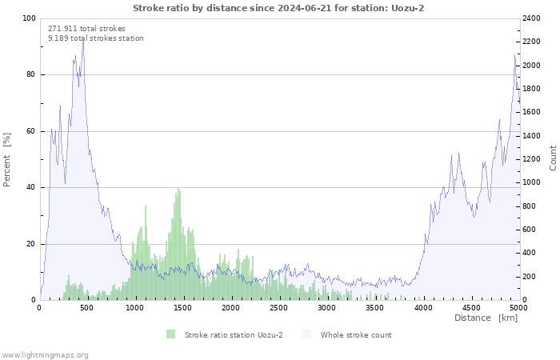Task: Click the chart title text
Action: click(x=278, y=8)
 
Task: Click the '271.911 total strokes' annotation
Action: click(x=86, y=28)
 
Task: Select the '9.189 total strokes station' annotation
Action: click(x=95, y=38)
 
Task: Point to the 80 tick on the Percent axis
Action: click(x=30, y=75)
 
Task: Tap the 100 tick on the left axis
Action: click(x=29, y=18)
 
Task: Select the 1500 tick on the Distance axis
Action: click(x=183, y=307)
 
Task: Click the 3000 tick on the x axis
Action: click(x=326, y=307)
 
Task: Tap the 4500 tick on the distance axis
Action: click(x=470, y=307)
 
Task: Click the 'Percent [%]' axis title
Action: click(x=7, y=160)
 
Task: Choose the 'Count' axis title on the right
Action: click(x=553, y=158)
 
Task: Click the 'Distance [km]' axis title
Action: click(x=486, y=318)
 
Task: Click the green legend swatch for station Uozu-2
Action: click(x=170, y=334)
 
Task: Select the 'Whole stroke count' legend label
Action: click(x=356, y=334)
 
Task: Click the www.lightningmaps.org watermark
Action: click(x=45, y=354)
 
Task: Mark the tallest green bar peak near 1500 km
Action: click(x=179, y=189)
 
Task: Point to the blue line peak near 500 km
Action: click(x=83, y=39)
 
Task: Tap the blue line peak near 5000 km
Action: click(x=514, y=55)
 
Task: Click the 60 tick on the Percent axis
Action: click(x=30, y=131)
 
